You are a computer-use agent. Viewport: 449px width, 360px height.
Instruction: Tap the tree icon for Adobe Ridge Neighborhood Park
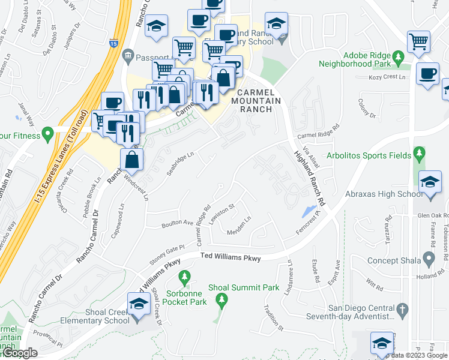point(398,58)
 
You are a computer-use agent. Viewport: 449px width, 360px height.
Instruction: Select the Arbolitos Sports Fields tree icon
point(419,154)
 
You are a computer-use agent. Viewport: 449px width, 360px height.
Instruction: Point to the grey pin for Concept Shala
point(429,259)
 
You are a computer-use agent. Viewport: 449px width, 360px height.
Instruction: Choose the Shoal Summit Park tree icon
point(221,299)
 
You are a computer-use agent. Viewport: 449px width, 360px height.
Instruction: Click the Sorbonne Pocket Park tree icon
point(185,277)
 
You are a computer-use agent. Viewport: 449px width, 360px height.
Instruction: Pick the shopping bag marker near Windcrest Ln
point(131,160)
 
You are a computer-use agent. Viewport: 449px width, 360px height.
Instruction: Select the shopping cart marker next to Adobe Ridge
point(418,42)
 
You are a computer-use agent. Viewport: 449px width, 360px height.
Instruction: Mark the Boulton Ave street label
point(175,223)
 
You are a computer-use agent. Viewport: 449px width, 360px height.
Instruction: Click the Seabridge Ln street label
point(181,161)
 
